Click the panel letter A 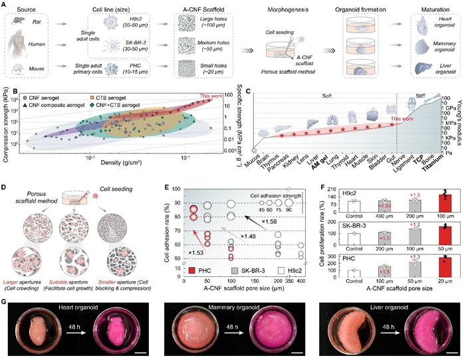5,5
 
